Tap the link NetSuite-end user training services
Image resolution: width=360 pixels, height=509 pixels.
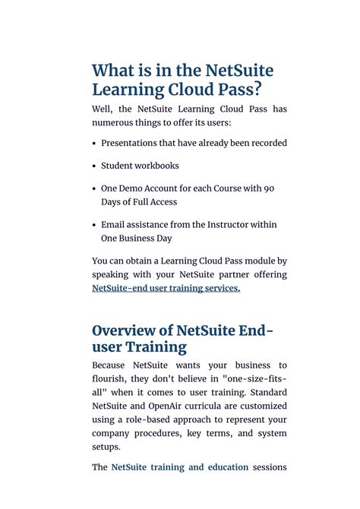click(x=166, y=288)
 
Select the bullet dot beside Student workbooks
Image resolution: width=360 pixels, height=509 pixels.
click(x=94, y=166)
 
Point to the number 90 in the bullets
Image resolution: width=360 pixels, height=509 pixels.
click(x=269, y=188)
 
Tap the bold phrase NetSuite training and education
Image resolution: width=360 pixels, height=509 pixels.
click(x=180, y=467)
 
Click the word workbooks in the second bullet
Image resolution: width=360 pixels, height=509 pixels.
click(x=156, y=166)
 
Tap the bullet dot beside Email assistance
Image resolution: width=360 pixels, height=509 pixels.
click(x=94, y=225)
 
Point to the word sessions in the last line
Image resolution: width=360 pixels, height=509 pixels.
click(x=270, y=467)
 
